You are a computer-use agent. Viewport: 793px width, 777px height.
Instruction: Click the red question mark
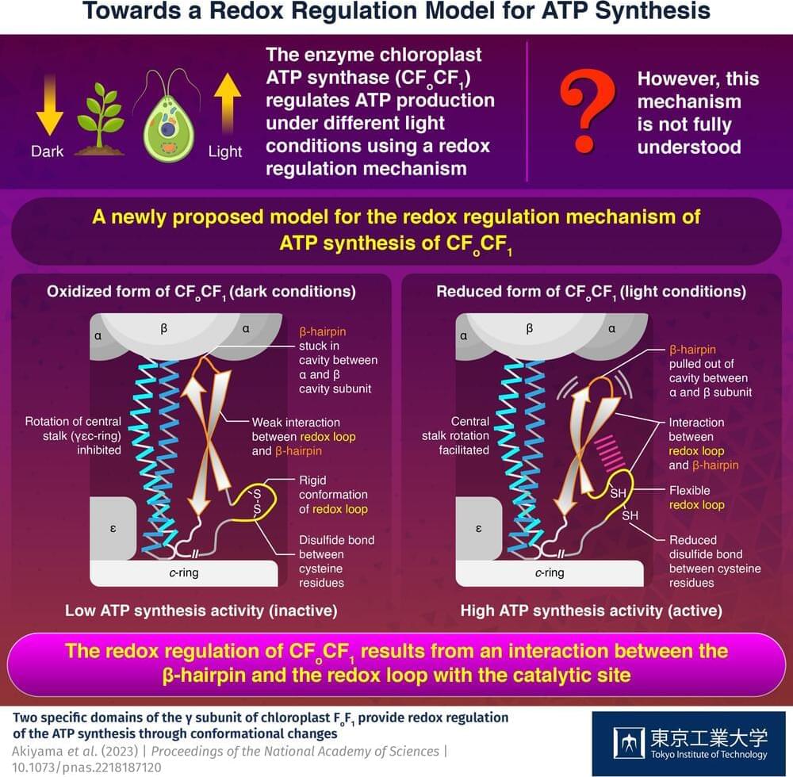pos(588,111)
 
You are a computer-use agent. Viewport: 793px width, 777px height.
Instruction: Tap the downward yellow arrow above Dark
pos(49,105)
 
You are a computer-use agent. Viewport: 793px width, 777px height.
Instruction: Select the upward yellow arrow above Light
pos(227,104)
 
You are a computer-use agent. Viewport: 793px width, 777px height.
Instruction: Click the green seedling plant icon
pos(100,119)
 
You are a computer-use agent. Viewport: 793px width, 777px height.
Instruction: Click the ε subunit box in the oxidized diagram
pos(113,528)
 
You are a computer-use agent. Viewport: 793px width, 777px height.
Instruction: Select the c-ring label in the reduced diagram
pos(550,572)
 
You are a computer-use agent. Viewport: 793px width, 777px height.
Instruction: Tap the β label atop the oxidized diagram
pos(164,328)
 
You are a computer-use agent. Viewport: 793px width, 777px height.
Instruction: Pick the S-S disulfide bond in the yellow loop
pos(257,502)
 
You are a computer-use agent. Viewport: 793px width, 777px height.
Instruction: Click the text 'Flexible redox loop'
pos(696,497)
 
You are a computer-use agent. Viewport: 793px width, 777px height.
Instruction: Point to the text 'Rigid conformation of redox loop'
pos(333,495)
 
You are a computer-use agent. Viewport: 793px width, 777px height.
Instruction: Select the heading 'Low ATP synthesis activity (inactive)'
pos(201,610)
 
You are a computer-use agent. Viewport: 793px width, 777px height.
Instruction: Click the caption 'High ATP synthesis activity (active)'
pos(592,610)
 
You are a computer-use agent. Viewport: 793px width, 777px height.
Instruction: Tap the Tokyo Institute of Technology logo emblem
pos(629,743)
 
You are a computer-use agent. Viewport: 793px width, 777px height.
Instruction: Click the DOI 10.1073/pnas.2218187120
pos(86,767)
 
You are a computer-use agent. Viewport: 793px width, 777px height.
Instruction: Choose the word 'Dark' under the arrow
pos(47,151)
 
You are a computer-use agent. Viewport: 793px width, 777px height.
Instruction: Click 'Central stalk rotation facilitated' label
pos(455,436)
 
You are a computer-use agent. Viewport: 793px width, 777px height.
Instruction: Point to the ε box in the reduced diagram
pos(478,528)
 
